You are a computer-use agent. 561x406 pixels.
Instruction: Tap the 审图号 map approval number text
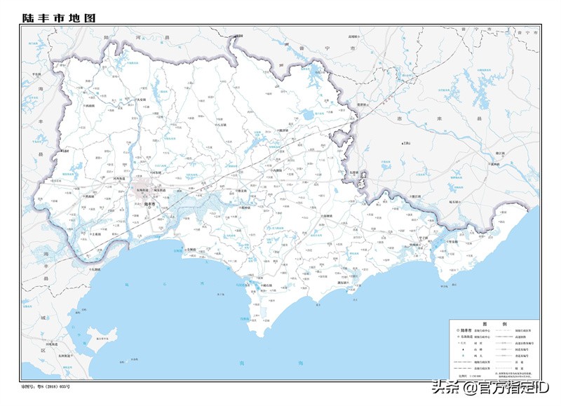pos(46,386)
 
